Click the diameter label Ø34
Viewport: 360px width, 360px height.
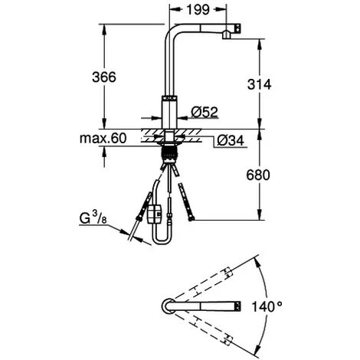(231, 140)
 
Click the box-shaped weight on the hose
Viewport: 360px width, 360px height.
(155, 209)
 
